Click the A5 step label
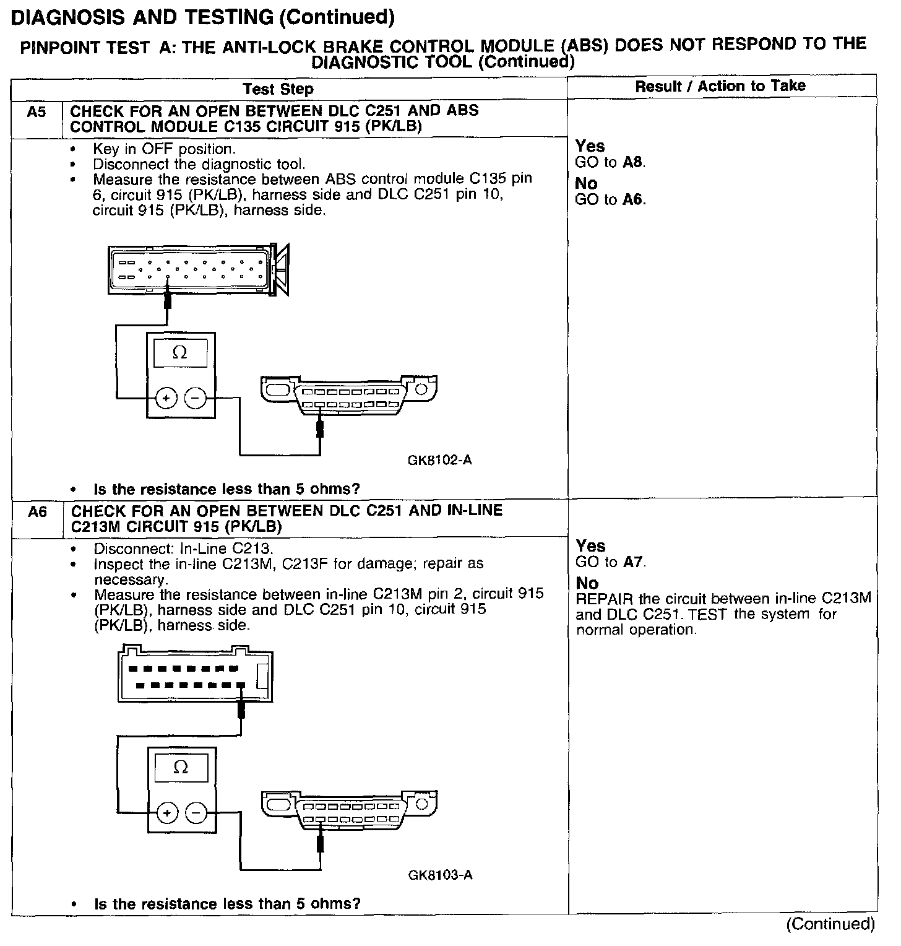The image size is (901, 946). point(37,112)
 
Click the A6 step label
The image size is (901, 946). point(38,512)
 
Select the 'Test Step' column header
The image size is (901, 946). point(278,89)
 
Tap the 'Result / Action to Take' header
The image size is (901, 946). point(720,86)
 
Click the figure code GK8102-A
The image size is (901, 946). point(440,461)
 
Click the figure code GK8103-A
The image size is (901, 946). point(441,875)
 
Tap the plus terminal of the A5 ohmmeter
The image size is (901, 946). point(166,398)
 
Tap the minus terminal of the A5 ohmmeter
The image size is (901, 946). point(196,398)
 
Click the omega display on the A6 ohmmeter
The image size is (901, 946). point(181,768)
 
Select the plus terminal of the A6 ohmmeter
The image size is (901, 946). point(166,812)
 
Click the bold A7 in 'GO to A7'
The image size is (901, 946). point(634,563)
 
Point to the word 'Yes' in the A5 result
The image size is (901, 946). point(590,146)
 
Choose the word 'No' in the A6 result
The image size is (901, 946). point(587,583)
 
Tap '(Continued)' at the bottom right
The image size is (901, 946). point(830,924)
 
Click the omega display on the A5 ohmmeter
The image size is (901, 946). point(180,353)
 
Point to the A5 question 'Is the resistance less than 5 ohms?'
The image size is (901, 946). point(226,489)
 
